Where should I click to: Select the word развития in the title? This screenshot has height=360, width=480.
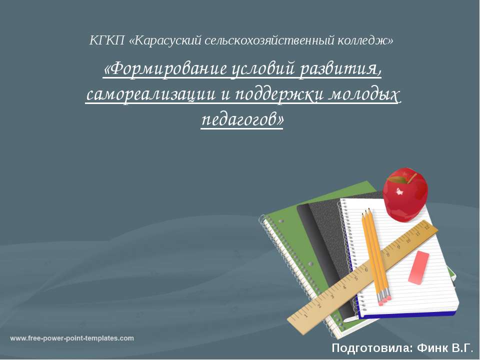click(341, 70)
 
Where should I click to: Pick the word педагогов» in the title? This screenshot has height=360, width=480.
click(242, 119)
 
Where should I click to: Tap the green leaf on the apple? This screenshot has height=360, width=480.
click(397, 178)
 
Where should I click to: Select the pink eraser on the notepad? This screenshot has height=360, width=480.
click(418, 268)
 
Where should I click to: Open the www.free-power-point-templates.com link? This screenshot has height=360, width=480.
click(72, 338)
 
